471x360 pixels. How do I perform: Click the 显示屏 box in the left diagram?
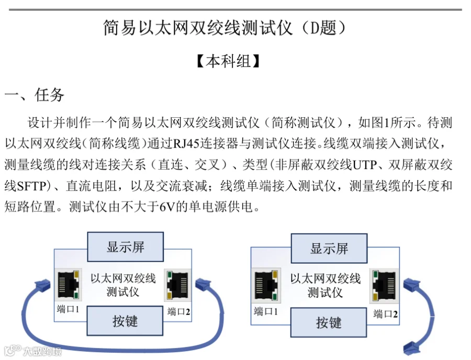pos(125,247)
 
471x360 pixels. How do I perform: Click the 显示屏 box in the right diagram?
pos(329,249)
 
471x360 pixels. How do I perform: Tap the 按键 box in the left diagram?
pos(125,321)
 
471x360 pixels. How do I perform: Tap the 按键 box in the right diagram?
pos(329,322)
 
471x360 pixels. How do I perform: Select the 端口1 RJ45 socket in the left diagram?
pos(69,285)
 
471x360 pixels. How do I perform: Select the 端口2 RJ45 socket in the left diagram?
pos(177,285)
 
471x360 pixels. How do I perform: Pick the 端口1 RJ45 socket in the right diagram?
pos(266,285)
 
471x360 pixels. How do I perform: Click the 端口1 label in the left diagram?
pos(68,309)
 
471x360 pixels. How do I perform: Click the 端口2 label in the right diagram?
pos(385,314)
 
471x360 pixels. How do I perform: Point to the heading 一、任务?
pos(34,95)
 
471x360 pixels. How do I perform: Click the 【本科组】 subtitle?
pos(228,61)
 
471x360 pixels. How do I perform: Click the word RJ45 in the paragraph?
pos(186,143)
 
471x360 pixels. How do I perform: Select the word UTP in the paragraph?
pos(364,164)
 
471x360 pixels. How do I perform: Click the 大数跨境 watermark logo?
pos(32,351)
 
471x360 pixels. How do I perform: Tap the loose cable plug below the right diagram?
pos(412,348)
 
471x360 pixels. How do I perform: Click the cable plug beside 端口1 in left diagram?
pos(43,285)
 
